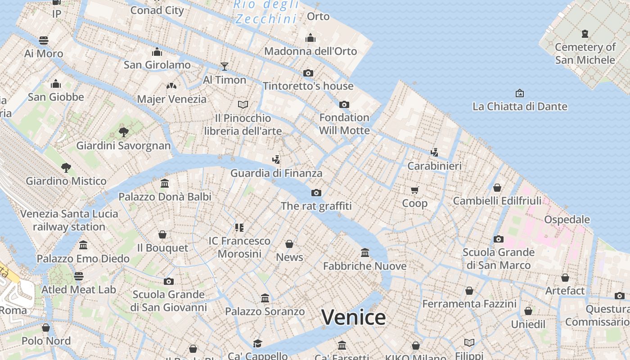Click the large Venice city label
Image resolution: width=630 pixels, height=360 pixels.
pyautogui.click(x=353, y=317)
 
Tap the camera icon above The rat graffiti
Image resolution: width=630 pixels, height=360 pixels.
pyautogui.click(x=316, y=193)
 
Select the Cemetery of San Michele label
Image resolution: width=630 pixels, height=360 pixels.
pyautogui.click(x=585, y=53)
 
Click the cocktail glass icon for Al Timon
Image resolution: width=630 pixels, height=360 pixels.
pyautogui.click(x=225, y=67)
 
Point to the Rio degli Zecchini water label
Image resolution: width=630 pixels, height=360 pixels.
pyautogui.click(x=266, y=12)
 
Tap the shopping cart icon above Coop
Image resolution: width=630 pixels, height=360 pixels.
pyautogui.click(x=414, y=190)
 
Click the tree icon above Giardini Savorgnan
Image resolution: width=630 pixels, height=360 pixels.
pyautogui.click(x=123, y=132)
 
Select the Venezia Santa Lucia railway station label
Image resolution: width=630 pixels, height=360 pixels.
pyautogui.click(x=69, y=220)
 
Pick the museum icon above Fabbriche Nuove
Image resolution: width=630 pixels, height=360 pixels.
pyautogui.click(x=365, y=253)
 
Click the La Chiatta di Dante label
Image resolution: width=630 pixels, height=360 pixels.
pyautogui.click(x=520, y=107)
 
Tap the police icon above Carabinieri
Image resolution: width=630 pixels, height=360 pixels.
pyautogui.click(x=434, y=153)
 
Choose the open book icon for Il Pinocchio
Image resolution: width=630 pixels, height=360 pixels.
pyautogui.click(x=243, y=105)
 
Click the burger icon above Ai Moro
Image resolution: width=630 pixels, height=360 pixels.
pyautogui.click(x=44, y=40)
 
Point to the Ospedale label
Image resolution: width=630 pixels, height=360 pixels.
pyautogui.click(x=567, y=220)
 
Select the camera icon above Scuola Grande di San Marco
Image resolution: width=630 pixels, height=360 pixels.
pyautogui.click(x=498, y=239)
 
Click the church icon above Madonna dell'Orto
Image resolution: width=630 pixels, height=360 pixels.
pyautogui.click(x=310, y=38)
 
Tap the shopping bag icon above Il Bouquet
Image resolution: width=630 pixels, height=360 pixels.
pyautogui.click(x=162, y=234)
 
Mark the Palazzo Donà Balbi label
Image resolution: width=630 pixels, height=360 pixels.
pyautogui.click(x=165, y=197)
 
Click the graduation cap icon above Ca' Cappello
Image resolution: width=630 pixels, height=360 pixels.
pyautogui.click(x=257, y=343)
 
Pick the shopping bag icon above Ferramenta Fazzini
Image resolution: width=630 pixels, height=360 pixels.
pyautogui.click(x=469, y=291)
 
